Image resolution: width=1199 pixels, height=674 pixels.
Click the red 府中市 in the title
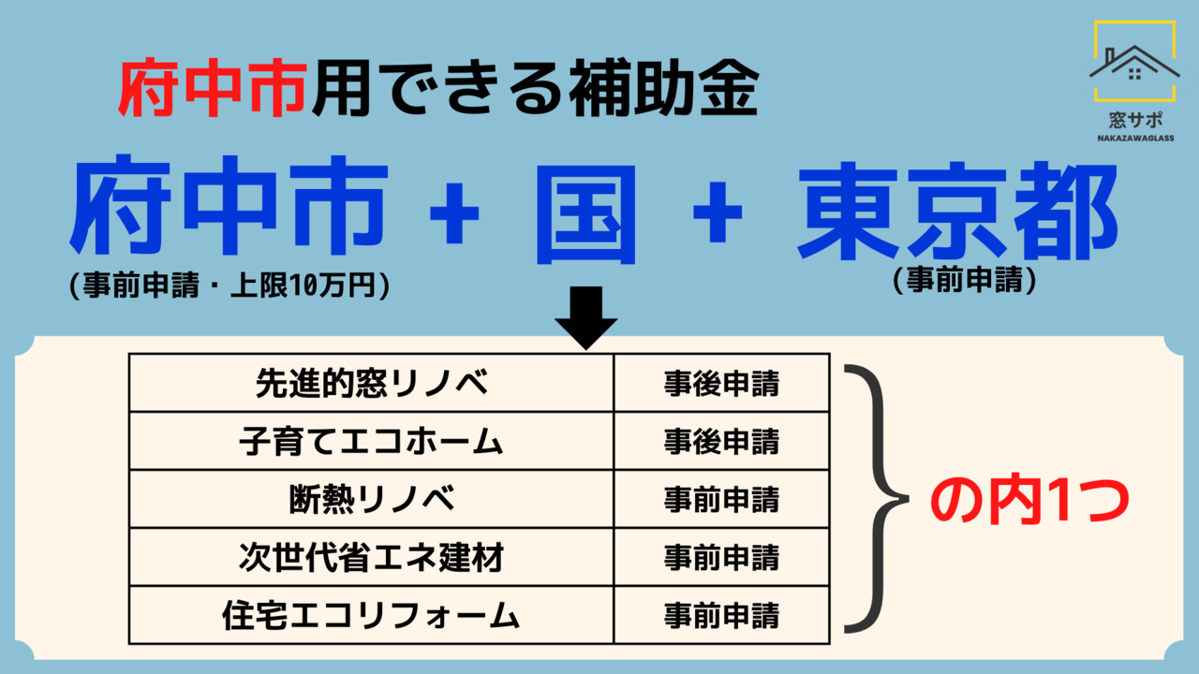coord(213,88)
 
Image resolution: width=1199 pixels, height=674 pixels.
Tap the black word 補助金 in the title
coord(664,88)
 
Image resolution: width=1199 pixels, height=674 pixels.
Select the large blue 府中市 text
coord(229,205)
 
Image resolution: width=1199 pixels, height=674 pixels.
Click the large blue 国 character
coord(586,215)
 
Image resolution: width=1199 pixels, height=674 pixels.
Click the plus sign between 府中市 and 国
coord(454,212)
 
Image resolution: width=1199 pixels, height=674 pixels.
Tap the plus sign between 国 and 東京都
coord(718,212)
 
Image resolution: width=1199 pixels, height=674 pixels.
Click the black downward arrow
coord(586,317)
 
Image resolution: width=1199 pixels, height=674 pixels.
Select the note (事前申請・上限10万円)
coord(229,286)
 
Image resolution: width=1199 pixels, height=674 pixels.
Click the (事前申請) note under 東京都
coord(965,279)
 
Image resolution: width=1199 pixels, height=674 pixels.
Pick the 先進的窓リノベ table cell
coord(372,383)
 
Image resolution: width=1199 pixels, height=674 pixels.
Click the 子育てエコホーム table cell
coord(372,441)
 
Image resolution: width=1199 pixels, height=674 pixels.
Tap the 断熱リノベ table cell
coord(372,499)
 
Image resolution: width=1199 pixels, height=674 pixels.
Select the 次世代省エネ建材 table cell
coord(372,557)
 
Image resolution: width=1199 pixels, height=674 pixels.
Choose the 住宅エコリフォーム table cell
coord(372,615)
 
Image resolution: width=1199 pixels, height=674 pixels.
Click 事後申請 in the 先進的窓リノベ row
coord(721,384)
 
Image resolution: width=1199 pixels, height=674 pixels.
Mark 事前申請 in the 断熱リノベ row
coord(721,500)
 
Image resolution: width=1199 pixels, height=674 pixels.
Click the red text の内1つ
coord(1029,501)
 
